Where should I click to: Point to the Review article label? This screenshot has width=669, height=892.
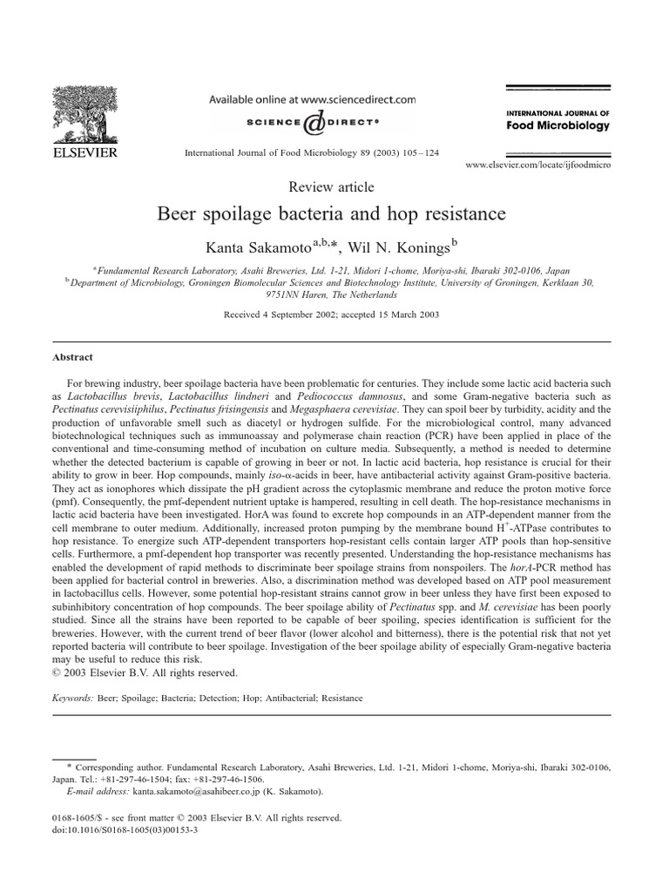tap(331, 186)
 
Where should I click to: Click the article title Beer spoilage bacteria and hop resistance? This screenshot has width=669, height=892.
tap(331, 213)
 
